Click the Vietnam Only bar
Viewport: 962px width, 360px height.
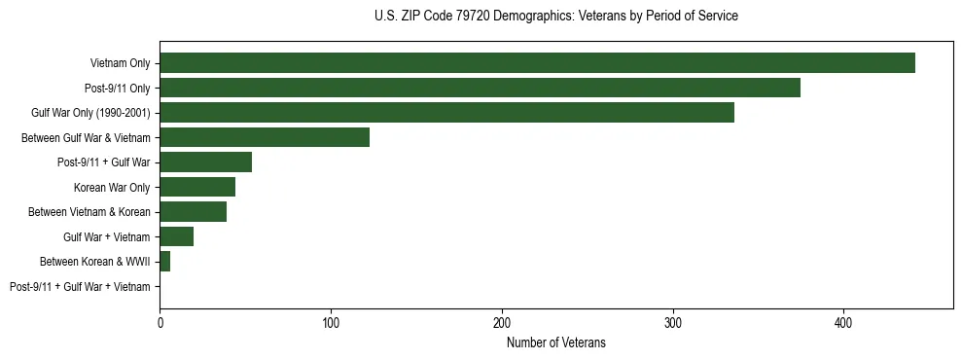537,63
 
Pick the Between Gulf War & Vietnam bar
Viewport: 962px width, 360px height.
265,137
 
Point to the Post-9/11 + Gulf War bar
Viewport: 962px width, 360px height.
205,162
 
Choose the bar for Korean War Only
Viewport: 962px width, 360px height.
197,187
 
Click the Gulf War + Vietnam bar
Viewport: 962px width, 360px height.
176,236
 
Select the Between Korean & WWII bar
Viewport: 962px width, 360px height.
164,262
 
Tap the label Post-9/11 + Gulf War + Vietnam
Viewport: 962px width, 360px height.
80,286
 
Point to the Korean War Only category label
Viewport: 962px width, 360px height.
112,187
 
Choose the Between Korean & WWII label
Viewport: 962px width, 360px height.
94,262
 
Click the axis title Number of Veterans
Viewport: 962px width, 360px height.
556,342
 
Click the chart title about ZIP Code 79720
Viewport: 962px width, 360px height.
555,16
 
